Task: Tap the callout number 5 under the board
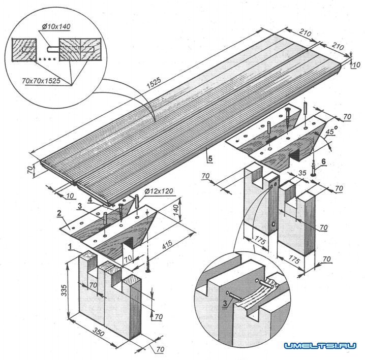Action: click(208, 158)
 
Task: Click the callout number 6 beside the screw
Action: click(324, 162)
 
